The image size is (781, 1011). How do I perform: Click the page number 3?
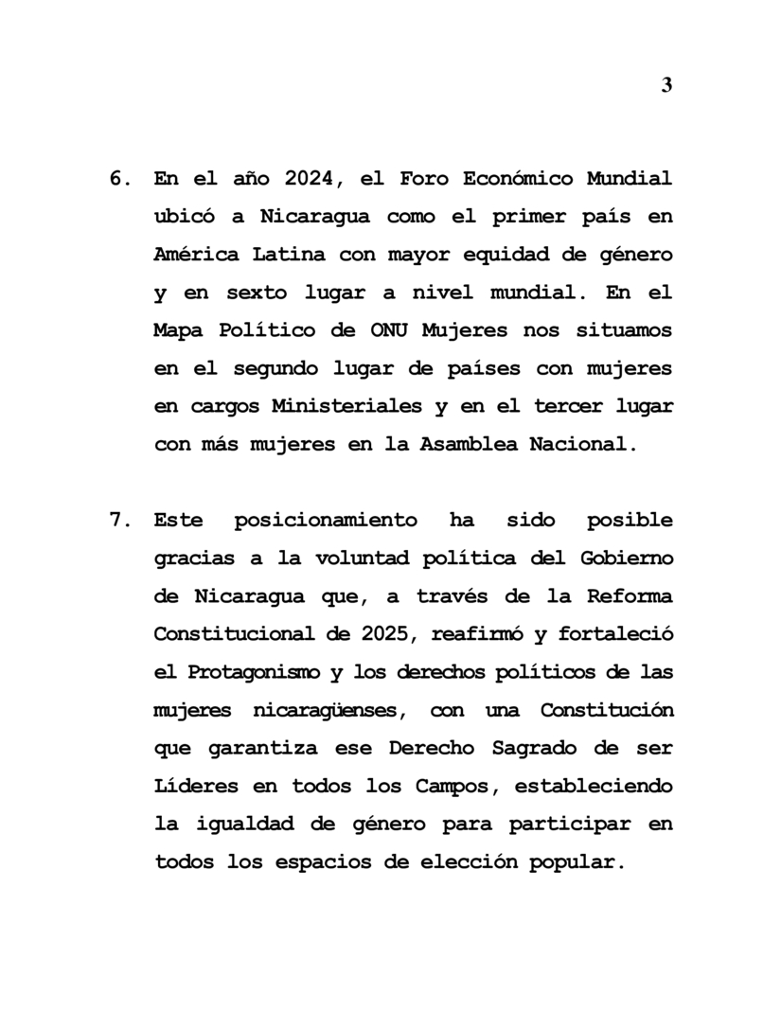(x=666, y=85)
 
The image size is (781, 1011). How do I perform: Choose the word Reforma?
(x=628, y=596)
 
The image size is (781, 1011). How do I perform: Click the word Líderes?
(x=195, y=786)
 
